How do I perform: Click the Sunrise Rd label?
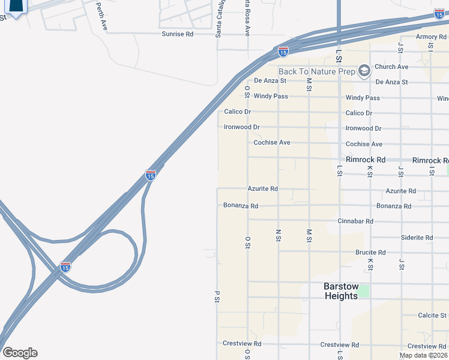[x=177, y=34]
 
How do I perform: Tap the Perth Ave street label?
[x=103, y=16]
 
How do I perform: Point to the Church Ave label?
[x=391, y=67]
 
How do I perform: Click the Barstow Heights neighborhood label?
[x=341, y=291]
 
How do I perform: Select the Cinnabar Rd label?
[x=355, y=221]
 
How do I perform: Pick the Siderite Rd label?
[x=417, y=238]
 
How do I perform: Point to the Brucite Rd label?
[x=370, y=253]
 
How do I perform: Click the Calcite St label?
[x=432, y=315]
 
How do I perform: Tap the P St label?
[x=217, y=297]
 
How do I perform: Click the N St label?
[x=278, y=235]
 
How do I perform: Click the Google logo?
[x=20, y=353]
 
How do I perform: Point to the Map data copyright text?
[x=423, y=355]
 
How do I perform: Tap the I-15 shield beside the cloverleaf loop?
[x=65, y=266]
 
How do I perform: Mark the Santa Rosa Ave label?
[x=247, y=18]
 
